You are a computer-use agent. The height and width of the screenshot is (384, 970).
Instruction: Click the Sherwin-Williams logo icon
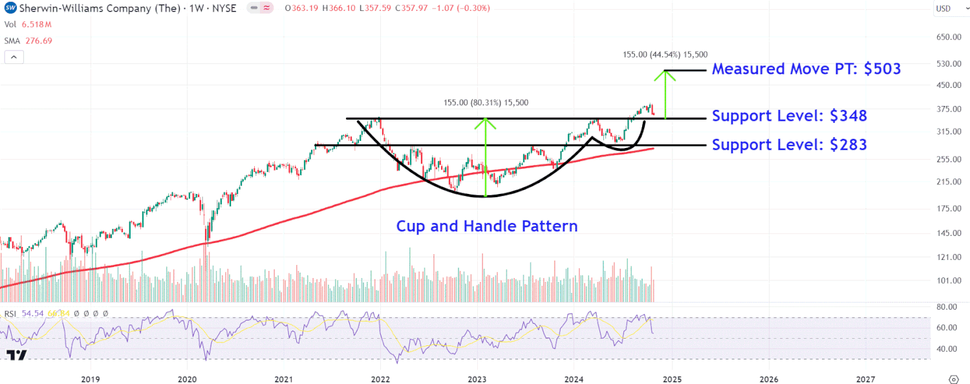[10, 8]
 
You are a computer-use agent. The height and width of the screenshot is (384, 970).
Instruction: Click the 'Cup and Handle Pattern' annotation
[486, 226]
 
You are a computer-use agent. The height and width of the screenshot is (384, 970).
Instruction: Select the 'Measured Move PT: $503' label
[806, 69]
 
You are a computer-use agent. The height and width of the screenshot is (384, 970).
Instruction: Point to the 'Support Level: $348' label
[789, 116]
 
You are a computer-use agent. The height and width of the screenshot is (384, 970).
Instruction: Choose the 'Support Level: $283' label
[789, 145]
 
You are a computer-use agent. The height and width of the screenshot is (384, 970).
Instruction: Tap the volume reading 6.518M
[36, 25]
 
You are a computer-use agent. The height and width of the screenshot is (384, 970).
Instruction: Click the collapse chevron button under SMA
[14, 57]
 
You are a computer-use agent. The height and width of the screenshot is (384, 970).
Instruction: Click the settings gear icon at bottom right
[953, 379]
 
